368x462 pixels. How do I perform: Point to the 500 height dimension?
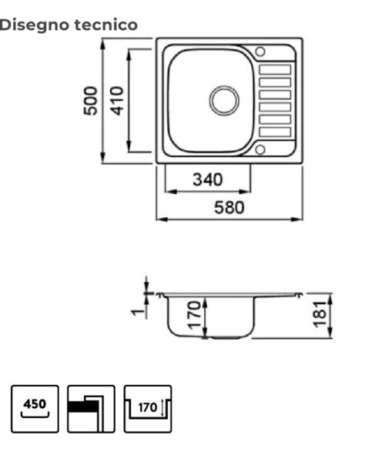(x=92, y=100)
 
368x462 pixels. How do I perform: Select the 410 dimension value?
(x=116, y=100)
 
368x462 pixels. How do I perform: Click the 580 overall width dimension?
(x=229, y=207)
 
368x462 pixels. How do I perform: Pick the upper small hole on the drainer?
(x=259, y=52)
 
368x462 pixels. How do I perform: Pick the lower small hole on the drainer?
(x=259, y=149)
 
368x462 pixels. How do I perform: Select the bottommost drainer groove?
(x=275, y=132)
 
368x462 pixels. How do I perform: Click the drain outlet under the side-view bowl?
(x=223, y=336)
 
